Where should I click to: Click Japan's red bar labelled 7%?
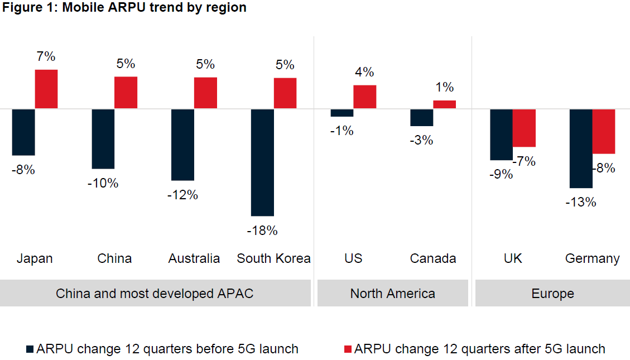click(46, 89)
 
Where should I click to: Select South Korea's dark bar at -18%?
click(262, 162)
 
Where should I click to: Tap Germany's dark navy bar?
click(580, 148)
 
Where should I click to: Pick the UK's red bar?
click(524, 128)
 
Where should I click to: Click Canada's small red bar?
click(444, 104)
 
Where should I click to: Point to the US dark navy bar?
click(342, 113)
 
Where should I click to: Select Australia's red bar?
click(205, 93)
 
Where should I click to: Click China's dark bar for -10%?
click(103, 138)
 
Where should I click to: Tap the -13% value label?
click(580, 202)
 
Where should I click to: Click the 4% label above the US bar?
click(364, 72)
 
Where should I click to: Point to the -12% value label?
click(182, 195)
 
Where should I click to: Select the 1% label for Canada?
click(444, 87)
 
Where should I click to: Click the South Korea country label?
click(273, 258)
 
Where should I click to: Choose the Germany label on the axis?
click(592, 258)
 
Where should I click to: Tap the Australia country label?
click(194, 258)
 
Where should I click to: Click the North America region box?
click(392, 293)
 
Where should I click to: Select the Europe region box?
click(552, 293)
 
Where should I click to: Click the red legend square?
click(348, 349)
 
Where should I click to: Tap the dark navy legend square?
click(30, 349)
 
